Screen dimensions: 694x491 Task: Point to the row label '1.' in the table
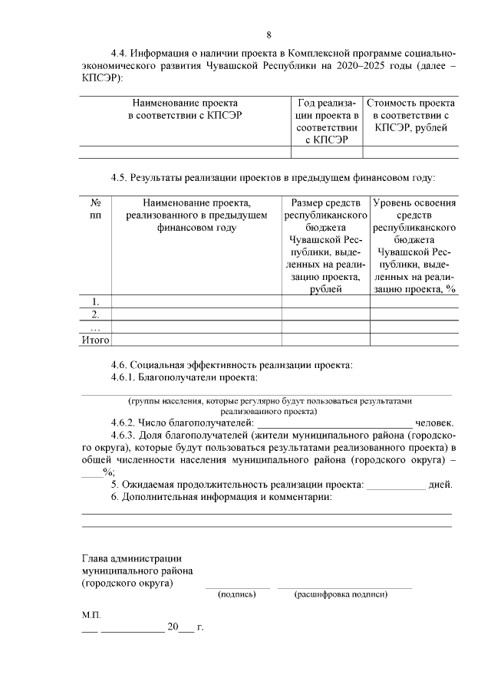[x=96, y=301]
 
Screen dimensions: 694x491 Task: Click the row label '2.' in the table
[x=96, y=314]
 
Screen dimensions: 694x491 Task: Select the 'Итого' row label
[x=96, y=339]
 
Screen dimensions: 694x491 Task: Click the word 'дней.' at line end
[x=440, y=485]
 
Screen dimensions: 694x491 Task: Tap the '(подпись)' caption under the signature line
[x=237, y=594]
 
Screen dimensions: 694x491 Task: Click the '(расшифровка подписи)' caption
[x=344, y=594]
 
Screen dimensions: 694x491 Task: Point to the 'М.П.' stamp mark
[x=91, y=615]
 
